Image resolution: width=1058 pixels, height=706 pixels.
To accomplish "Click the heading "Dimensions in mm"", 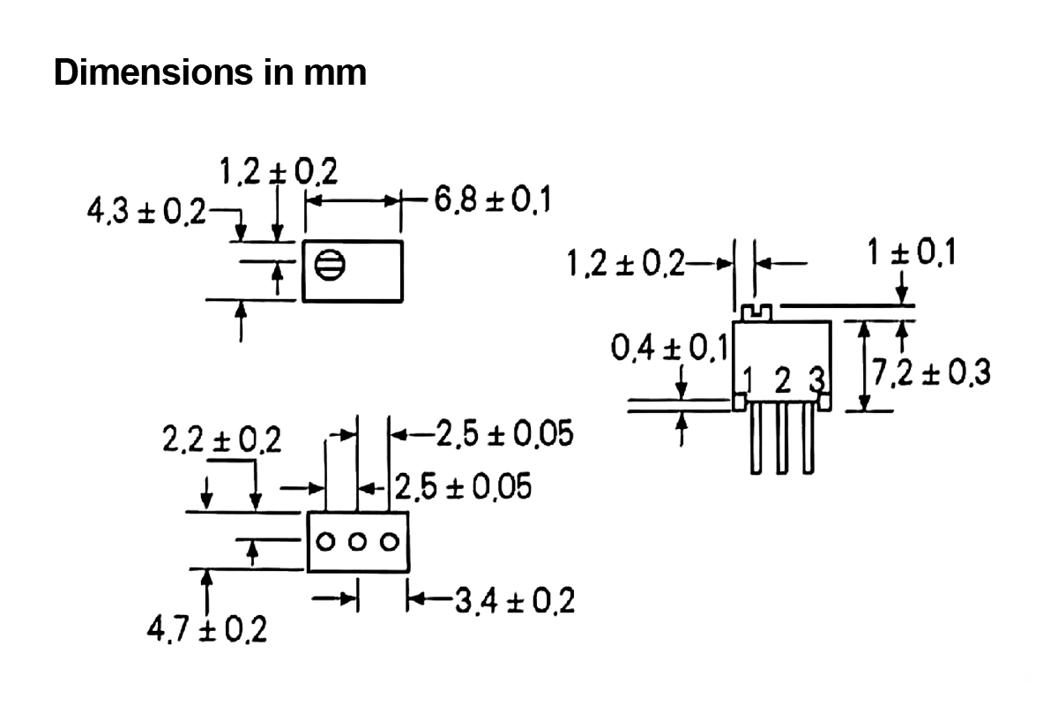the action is (210, 72).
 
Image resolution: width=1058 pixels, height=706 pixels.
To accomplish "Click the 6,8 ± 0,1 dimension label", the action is (492, 200).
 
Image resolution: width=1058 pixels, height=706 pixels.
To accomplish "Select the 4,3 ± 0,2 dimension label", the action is (146, 211).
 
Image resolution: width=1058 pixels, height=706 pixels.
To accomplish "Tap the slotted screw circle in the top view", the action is (330, 265).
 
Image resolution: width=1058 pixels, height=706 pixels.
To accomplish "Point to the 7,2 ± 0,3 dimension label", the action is (930, 372).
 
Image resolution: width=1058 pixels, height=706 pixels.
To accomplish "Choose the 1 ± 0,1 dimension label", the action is (911, 252).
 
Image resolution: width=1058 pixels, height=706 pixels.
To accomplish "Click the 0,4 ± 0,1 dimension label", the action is (670, 348).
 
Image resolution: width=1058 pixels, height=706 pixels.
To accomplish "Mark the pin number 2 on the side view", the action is (783, 380).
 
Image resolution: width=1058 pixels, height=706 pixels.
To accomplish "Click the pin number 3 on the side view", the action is (816, 379).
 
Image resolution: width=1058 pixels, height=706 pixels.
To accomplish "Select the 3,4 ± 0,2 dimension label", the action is (515, 601).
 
